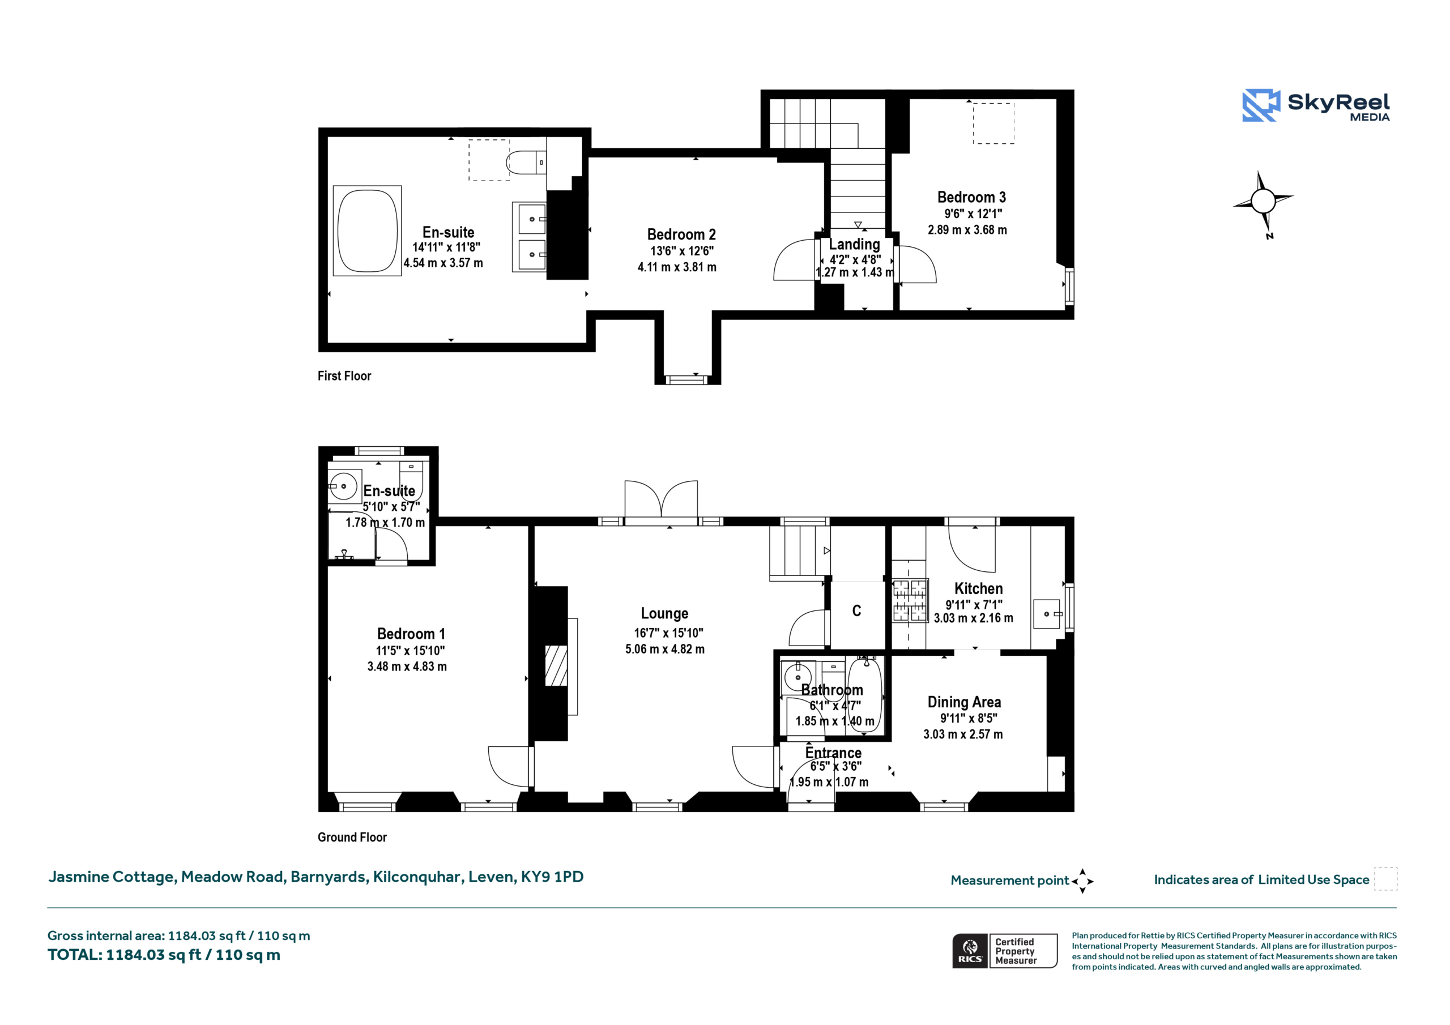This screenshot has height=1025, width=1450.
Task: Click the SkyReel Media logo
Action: click(x=1316, y=105)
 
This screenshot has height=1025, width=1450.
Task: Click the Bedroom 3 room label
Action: click(x=971, y=197)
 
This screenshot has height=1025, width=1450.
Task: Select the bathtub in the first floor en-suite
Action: click(x=368, y=230)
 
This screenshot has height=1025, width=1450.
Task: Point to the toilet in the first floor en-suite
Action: click(x=526, y=163)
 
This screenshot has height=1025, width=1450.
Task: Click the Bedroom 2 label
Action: click(x=681, y=234)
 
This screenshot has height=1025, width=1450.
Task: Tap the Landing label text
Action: click(x=855, y=245)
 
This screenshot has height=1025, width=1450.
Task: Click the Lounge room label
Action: click(x=664, y=613)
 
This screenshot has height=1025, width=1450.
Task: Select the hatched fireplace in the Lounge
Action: click(x=556, y=665)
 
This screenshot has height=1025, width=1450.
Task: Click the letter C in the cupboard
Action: click(x=856, y=610)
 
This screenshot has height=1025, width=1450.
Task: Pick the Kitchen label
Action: click(x=978, y=588)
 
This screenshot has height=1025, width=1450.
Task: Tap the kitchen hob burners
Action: click(x=910, y=601)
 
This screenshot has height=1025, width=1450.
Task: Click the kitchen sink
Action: click(x=1048, y=614)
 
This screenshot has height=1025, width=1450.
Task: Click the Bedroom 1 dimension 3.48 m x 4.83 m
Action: click(x=407, y=667)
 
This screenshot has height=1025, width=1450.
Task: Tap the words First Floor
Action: click(x=344, y=376)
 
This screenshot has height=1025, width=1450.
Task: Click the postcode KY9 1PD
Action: click(x=552, y=877)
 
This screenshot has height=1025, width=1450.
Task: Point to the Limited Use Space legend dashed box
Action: click(x=1385, y=879)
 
